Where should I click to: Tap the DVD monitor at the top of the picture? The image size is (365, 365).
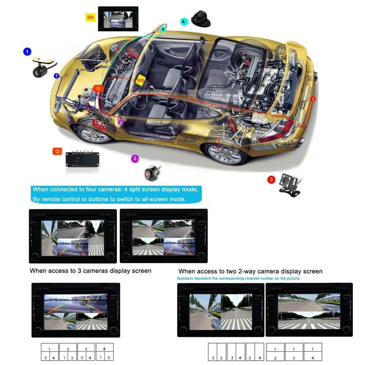coord(118,18)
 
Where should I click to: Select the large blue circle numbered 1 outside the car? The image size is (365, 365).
coord(27,52)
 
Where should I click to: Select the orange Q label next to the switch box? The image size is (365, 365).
coord(57,151)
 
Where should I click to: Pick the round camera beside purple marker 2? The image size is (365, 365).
coord(150,173)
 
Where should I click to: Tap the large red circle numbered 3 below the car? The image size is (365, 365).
coord(271,180)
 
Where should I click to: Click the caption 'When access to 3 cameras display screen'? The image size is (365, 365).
coord(90,271)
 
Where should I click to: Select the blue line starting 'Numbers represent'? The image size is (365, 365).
coord(239,278)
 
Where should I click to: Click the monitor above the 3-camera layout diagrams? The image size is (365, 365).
coord(76,310)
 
